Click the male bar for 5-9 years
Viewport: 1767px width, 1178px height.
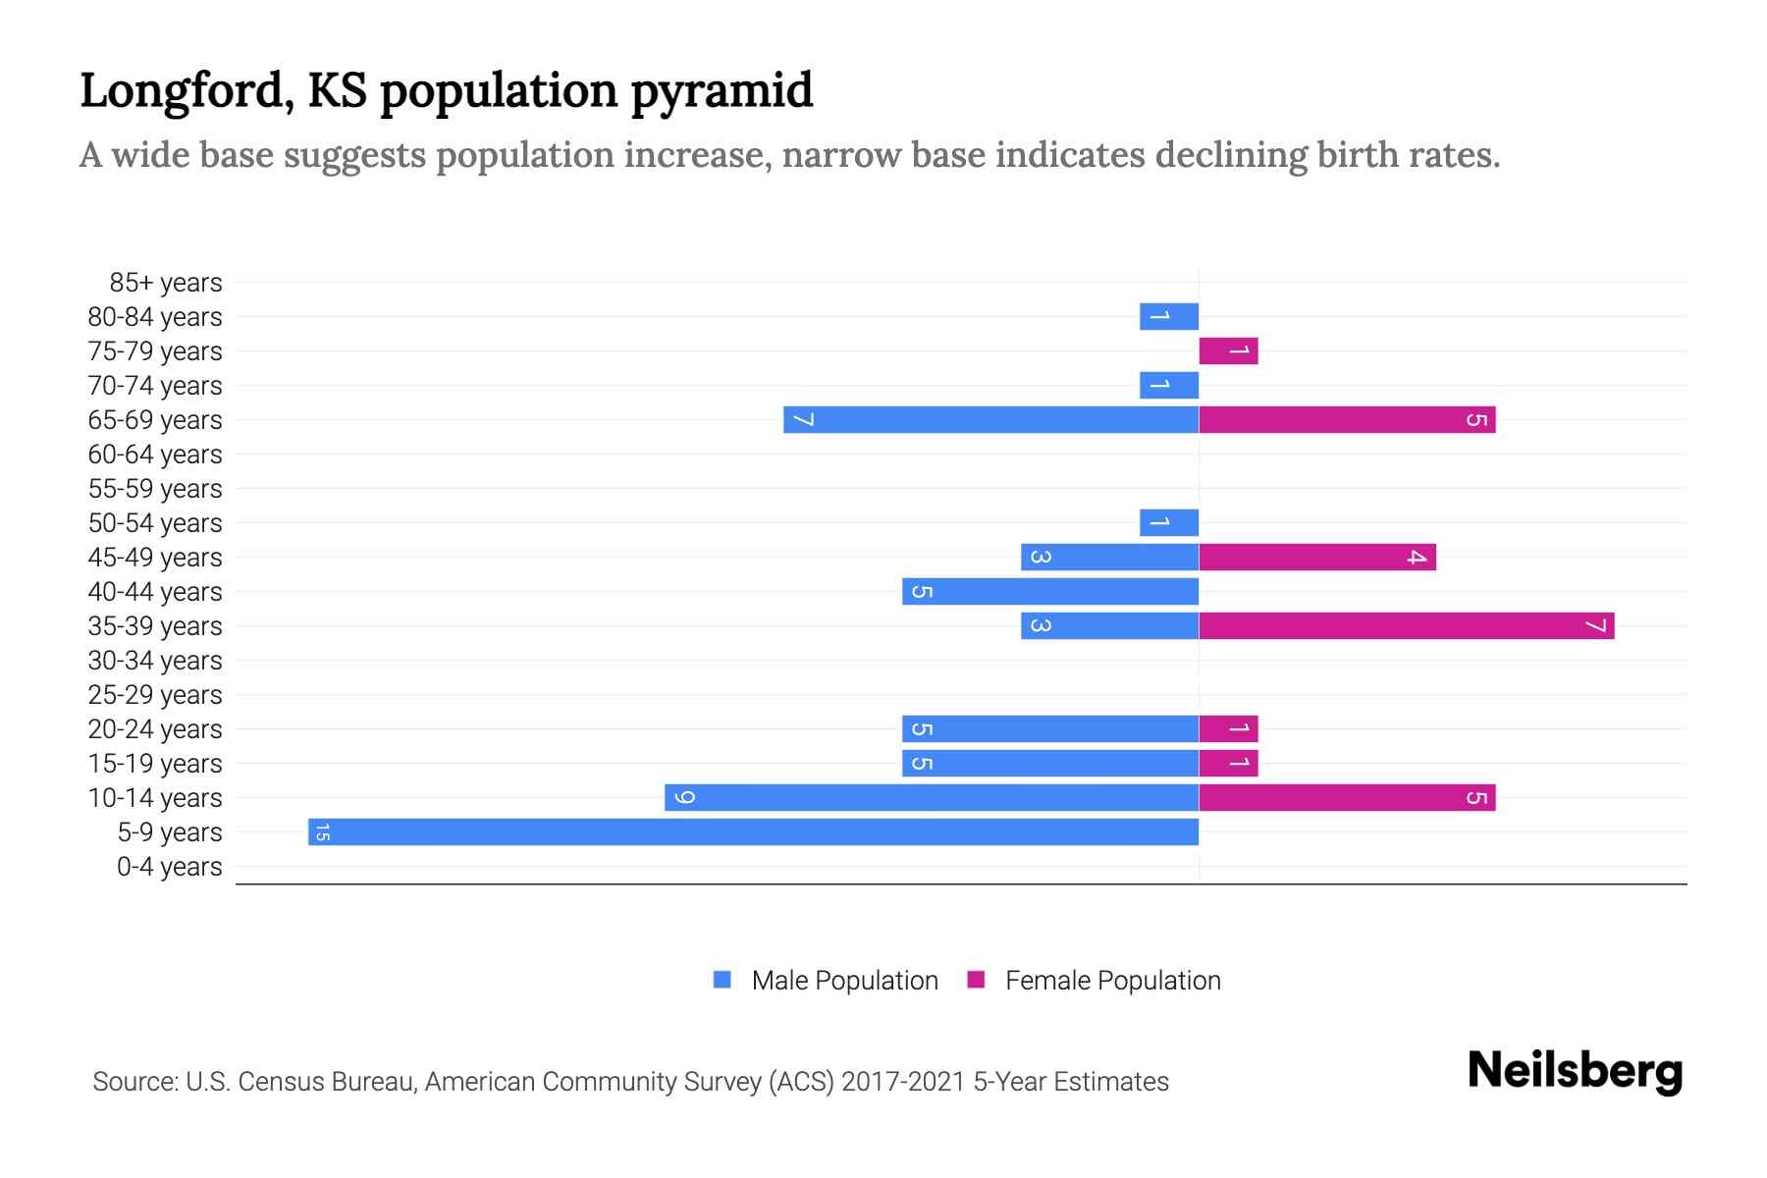pos(753,831)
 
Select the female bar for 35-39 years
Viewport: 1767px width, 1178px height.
pos(1406,625)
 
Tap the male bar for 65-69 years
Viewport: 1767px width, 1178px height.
pos(991,419)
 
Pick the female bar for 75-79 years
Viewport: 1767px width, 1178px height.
pos(1228,350)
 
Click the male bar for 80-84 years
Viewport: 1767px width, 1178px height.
pos(1168,316)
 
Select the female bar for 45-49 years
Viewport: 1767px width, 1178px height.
pos(1316,557)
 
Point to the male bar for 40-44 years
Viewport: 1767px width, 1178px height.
pos(1050,591)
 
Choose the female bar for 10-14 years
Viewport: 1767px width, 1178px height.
pos(1347,797)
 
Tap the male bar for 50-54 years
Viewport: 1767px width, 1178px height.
pos(1168,522)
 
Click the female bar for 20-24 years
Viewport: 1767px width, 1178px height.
pos(1228,728)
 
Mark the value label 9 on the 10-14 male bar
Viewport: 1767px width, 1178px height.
pos(685,797)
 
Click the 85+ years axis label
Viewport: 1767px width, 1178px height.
pos(166,283)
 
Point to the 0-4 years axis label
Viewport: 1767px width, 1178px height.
pos(169,867)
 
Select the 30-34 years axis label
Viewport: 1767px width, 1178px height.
pos(155,661)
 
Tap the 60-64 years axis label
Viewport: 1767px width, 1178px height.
pos(155,455)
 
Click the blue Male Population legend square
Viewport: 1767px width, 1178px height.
pos(723,980)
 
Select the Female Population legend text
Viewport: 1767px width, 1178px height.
pos(1112,981)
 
